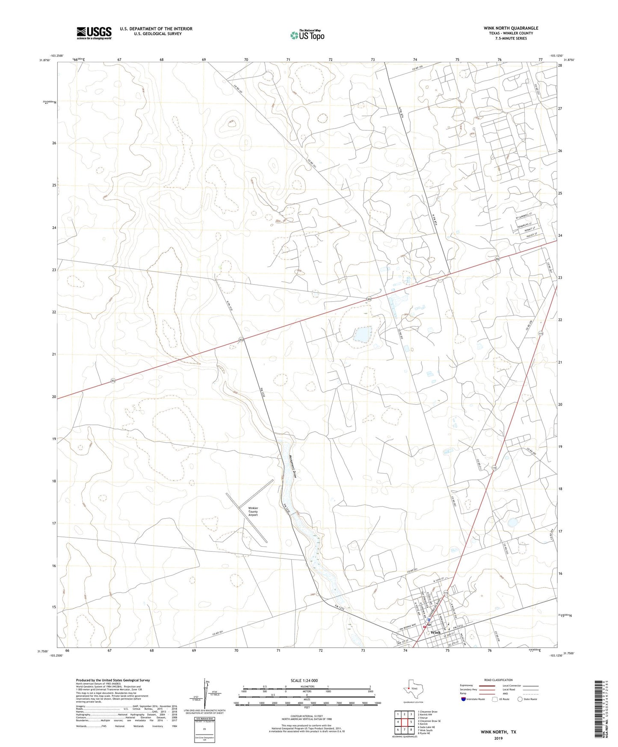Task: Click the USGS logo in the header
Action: point(94,33)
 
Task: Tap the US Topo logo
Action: point(307,35)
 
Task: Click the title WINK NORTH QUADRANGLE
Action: point(505,28)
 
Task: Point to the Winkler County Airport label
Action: point(253,511)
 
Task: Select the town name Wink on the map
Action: point(435,632)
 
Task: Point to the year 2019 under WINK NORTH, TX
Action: point(498,738)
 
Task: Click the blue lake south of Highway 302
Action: point(362,334)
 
